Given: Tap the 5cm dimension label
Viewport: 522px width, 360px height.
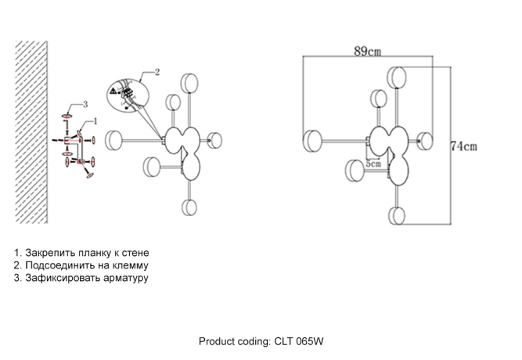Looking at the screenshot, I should coord(373,164).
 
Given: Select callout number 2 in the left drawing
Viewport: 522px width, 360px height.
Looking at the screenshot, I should coord(157,73).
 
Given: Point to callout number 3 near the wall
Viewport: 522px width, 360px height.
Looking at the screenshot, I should coord(85,104).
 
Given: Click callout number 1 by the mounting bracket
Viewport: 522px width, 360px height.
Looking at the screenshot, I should coord(95,121).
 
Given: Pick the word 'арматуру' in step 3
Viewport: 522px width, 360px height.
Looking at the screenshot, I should coord(126,277).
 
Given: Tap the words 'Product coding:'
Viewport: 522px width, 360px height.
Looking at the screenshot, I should coord(235,341).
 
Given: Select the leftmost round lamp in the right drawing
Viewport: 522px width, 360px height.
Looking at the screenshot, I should coord(313,141).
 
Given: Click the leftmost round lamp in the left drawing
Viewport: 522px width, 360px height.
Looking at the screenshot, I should coord(113,139).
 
